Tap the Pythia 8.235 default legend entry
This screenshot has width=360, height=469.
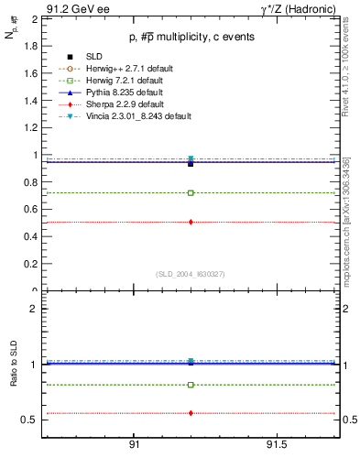[119, 93]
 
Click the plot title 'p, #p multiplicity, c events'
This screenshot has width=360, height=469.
[191, 37]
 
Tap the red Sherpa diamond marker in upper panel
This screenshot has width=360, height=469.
[191, 222]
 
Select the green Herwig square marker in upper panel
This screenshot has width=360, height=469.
[191, 193]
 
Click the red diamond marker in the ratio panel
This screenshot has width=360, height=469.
[191, 413]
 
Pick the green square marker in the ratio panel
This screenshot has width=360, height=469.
[191, 385]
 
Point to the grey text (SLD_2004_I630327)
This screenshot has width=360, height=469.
[191, 273]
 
